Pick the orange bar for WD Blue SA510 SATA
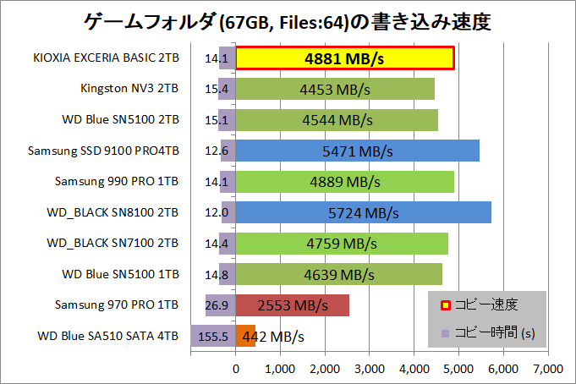[x=245, y=336]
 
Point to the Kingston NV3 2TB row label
[x=129, y=88]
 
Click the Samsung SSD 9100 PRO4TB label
[x=103, y=151]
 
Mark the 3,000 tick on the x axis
[x=370, y=369]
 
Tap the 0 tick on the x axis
[x=236, y=369]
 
